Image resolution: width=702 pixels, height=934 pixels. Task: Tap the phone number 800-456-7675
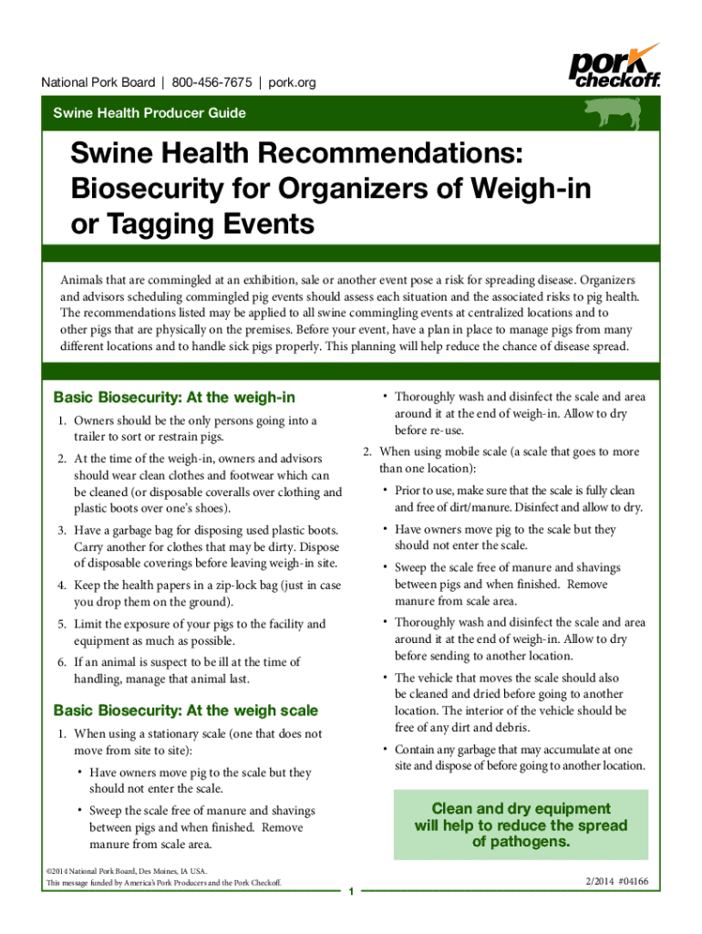point(212,83)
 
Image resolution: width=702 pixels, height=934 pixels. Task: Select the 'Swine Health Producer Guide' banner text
point(149,114)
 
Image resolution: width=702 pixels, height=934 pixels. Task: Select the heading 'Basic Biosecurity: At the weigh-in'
point(174,398)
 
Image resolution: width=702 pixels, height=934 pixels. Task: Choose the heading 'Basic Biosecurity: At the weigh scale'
point(186,710)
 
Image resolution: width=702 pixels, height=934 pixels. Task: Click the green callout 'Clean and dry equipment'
point(521,809)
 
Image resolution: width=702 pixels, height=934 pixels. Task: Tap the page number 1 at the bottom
point(351,891)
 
